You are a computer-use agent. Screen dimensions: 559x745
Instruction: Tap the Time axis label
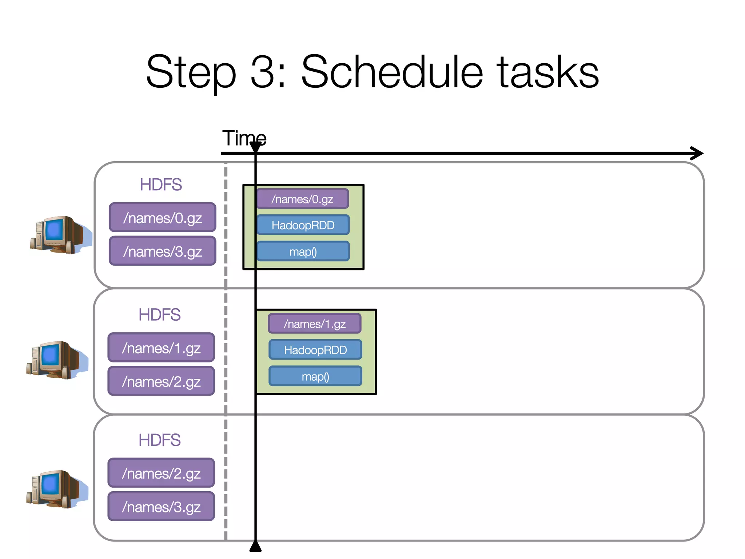coord(244,138)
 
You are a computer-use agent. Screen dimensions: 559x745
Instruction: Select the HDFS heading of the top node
coord(161,185)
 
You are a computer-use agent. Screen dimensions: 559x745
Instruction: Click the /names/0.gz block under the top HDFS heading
coord(163,217)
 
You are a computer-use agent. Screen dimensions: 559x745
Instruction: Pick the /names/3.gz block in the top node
coord(163,251)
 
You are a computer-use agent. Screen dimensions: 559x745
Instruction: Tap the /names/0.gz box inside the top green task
coord(303,199)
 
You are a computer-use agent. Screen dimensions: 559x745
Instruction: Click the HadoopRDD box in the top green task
coord(303,225)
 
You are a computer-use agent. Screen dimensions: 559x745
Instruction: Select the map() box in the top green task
coord(303,251)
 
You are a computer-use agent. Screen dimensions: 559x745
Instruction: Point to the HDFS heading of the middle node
coord(160,314)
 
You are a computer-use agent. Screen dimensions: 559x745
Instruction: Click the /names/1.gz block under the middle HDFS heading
coord(161,348)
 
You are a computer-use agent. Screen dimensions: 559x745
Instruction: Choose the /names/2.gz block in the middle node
coord(161,381)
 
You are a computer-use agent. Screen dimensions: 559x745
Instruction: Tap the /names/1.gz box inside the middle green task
coord(315,324)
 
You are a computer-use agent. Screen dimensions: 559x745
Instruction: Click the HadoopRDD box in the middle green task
coord(315,350)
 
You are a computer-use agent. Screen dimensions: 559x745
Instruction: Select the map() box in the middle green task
coord(315,376)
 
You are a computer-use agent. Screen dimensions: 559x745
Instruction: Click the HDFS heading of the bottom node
coord(160,440)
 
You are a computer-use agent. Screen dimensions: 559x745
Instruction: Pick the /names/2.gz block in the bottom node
coord(161,473)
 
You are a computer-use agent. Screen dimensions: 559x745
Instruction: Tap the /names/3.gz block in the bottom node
coord(161,506)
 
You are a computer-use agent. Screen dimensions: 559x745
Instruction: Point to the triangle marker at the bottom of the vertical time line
coord(255,547)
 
